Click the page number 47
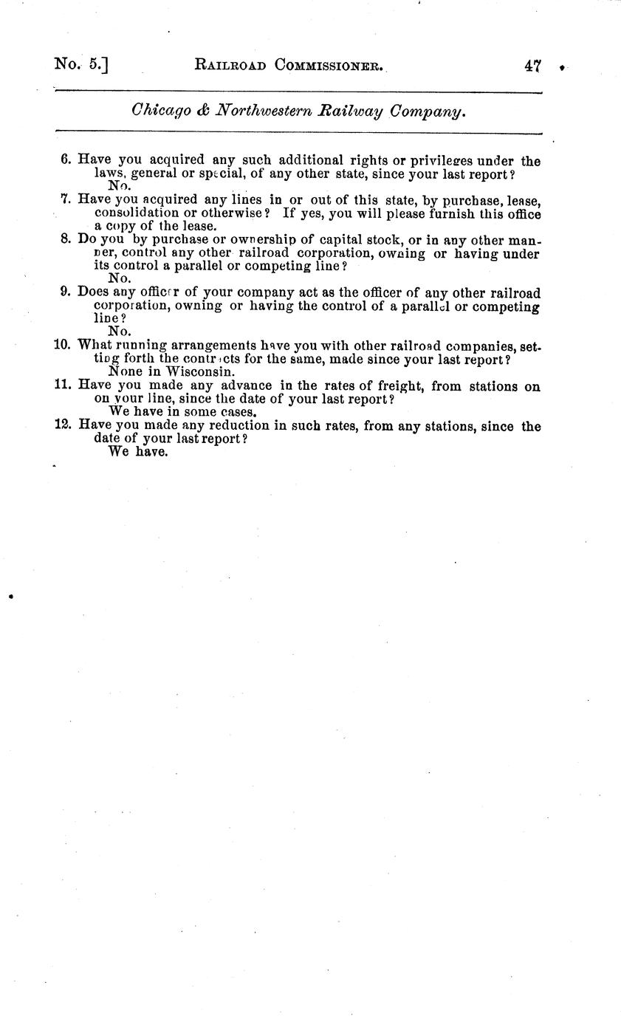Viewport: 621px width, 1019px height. point(533,66)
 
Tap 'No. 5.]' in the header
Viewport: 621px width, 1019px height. point(81,64)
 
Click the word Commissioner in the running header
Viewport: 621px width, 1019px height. point(328,65)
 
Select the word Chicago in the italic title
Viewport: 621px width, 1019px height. point(160,111)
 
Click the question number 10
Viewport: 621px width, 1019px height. point(62,344)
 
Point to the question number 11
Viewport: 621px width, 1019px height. point(62,385)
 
